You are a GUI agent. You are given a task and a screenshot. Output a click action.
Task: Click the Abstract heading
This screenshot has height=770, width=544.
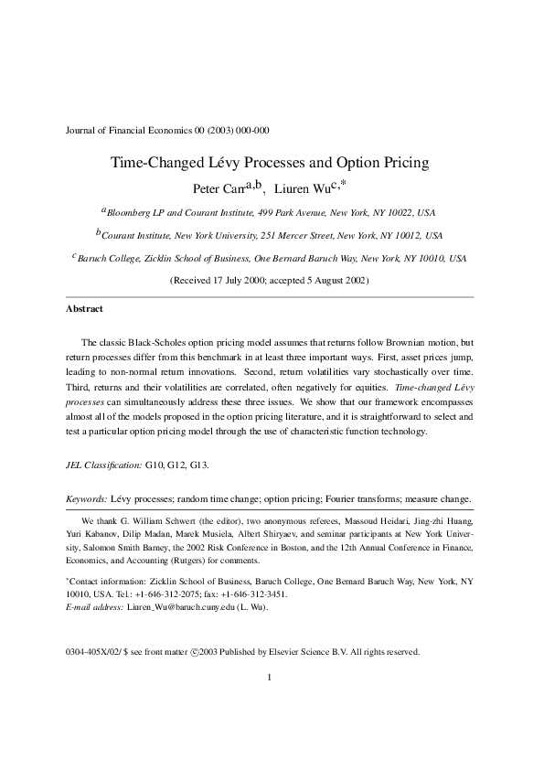84,309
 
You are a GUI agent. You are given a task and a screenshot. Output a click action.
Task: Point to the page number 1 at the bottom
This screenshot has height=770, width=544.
271,678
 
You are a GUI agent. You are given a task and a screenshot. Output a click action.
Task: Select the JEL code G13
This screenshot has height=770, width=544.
198,465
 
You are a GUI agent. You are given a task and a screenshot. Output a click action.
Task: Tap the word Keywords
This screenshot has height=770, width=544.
87,499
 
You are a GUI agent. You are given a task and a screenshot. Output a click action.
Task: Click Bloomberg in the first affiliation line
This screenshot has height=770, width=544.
130,213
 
